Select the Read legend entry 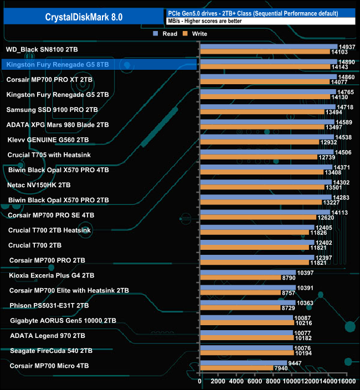coord(166,34)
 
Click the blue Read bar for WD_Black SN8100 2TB coord(268,47)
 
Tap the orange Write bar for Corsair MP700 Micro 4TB coord(236,368)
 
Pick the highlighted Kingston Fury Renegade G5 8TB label coord(58,65)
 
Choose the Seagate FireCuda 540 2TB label coord(48,350)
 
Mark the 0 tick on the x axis coord(200,382)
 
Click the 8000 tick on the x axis coord(273,382)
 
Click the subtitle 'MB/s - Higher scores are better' coord(204,21)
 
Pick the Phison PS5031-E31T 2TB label coord(49,305)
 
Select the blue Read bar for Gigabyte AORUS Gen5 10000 coord(246,317)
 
